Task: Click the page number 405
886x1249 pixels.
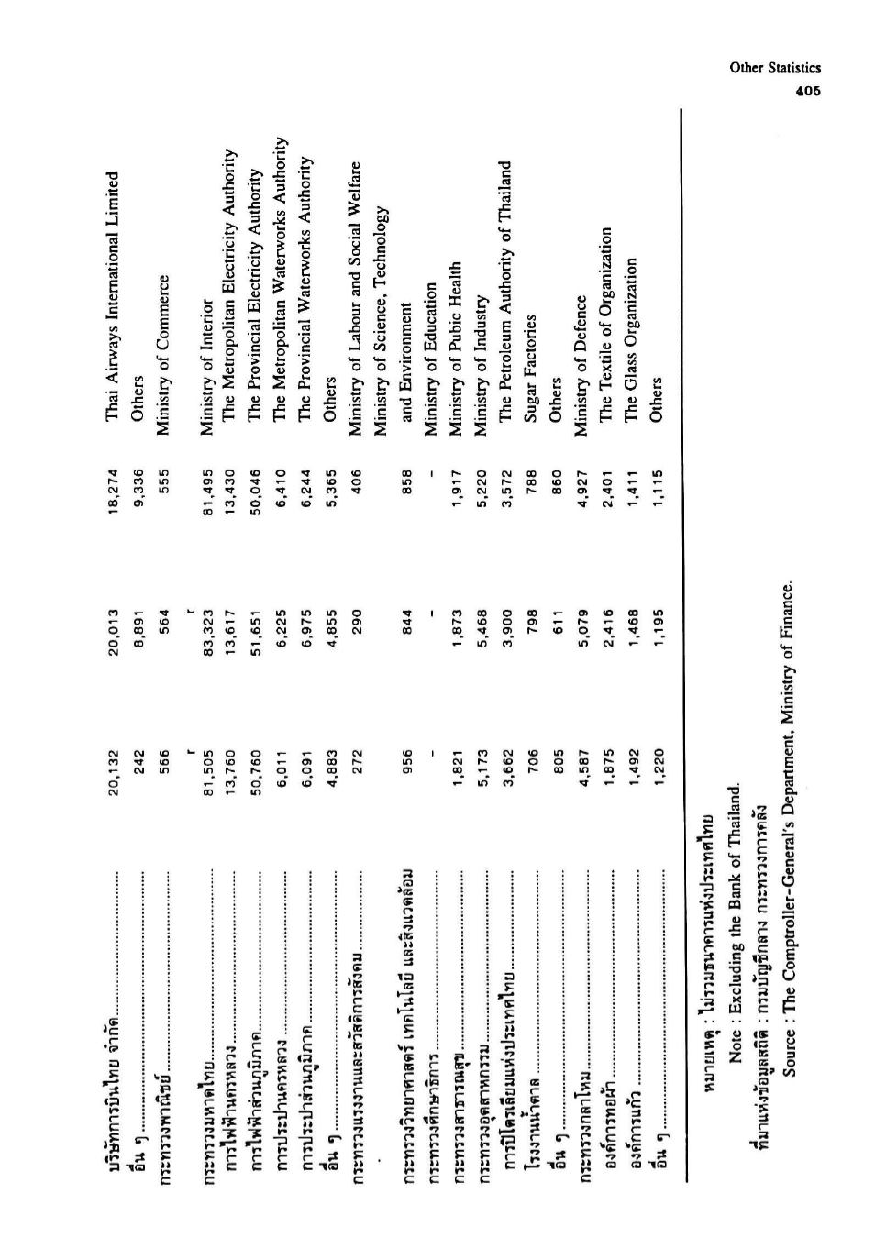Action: point(807,91)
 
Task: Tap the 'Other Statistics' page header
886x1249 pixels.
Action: point(775,68)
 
